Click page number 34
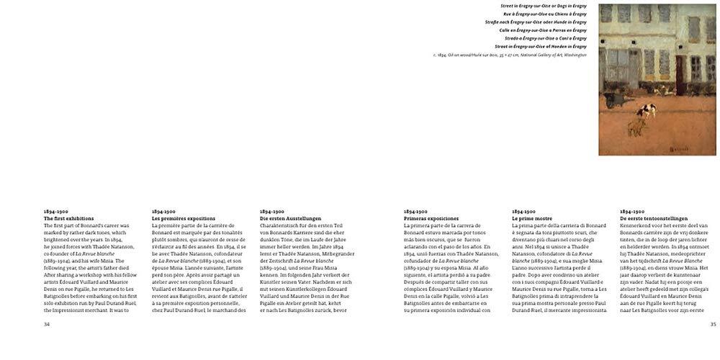(x=47, y=324)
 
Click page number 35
(x=712, y=324)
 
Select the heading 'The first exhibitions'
(x=68, y=218)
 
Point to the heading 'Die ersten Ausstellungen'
(x=290, y=218)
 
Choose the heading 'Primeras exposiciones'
(x=431, y=218)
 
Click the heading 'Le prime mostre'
(x=531, y=218)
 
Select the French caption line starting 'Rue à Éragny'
(x=544, y=14)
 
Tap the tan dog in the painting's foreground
(x=634, y=127)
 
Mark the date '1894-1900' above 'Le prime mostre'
(x=523, y=212)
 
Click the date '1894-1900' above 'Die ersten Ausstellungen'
(x=271, y=212)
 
